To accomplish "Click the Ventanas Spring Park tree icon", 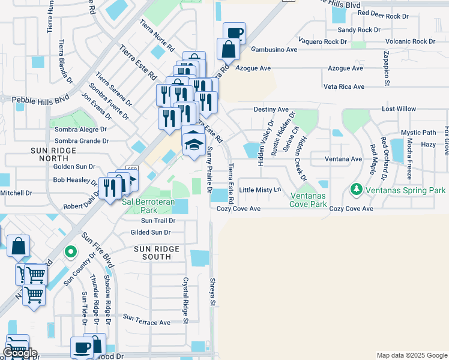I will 356,190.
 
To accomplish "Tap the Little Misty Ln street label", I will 260,190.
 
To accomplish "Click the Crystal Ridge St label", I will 186,300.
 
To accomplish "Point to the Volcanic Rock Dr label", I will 410,41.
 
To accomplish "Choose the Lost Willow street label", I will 399,109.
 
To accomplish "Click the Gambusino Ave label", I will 274,50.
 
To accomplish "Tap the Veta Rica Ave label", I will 343,87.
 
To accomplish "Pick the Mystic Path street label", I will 418,133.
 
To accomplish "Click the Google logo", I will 19,353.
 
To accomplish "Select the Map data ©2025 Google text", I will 411,355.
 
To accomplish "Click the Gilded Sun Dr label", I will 151,232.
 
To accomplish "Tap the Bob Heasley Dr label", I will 75,180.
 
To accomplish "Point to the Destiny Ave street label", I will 271,109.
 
